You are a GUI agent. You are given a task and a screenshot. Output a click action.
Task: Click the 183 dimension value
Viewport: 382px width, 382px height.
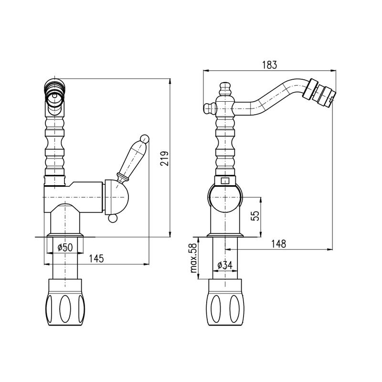coord(269,65)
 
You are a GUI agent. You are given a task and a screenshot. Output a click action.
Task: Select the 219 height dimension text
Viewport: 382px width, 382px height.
coord(164,159)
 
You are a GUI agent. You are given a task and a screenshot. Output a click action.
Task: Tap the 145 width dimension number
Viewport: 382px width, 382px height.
coord(96,258)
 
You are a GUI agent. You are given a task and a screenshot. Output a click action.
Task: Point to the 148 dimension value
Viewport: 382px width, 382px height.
coord(279,244)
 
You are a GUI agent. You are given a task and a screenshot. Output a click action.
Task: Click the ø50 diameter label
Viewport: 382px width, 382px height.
coord(65,247)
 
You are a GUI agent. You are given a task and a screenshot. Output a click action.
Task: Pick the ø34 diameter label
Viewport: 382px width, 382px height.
coord(225,265)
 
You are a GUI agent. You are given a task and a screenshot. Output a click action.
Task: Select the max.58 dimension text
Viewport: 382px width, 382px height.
coord(193,258)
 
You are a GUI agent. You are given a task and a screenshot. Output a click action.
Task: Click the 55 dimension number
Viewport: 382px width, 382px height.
coord(255,216)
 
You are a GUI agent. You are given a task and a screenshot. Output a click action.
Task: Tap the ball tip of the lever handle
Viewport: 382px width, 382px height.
coord(145,138)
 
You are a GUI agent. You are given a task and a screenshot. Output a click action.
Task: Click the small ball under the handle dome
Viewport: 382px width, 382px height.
coord(113,219)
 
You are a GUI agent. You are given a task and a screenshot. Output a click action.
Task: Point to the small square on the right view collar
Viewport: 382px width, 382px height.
coord(224,181)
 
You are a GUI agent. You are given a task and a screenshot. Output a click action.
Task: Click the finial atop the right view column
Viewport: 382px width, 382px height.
coord(225,89)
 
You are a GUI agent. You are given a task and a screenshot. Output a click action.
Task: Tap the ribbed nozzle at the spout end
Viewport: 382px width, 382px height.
coord(319,93)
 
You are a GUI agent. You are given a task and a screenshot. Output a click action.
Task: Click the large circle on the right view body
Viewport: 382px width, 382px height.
coord(225,197)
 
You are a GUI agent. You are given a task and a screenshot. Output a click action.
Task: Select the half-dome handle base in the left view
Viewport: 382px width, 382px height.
coord(117,197)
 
